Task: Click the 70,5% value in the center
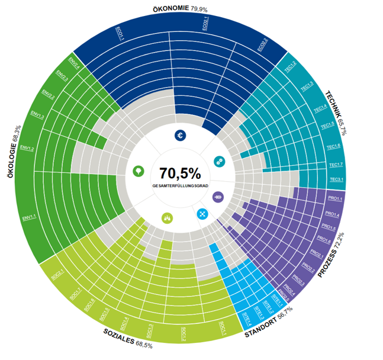(x=180, y=173)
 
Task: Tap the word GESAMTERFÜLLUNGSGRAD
(x=180, y=186)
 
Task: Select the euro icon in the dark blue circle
(x=180, y=136)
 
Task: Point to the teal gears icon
(x=218, y=160)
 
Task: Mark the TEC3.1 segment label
(x=336, y=179)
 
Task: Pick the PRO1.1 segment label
(x=335, y=198)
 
